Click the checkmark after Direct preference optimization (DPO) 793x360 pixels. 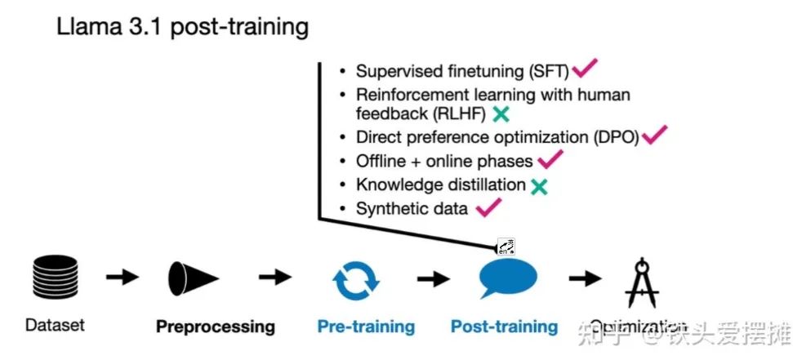(x=654, y=135)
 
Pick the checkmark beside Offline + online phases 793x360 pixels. (x=550, y=159)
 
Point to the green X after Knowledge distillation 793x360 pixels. (x=538, y=186)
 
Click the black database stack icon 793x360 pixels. (x=54, y=277)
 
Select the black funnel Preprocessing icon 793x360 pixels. (x=193, y=278)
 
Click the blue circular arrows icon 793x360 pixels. (x=355, y=278)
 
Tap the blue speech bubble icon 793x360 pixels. (x=507, y=278)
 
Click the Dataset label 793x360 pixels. (x=55, y=326)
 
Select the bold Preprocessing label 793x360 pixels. (x=216, y=327)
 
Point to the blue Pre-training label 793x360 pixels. (x=366, y=327)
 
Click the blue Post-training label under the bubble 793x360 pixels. (x=504, y=327)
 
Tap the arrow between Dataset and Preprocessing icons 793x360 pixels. (x=123, y=278)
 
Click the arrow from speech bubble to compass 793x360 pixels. (x=585, y=278)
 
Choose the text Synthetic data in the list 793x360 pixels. (x=412, y=209)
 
